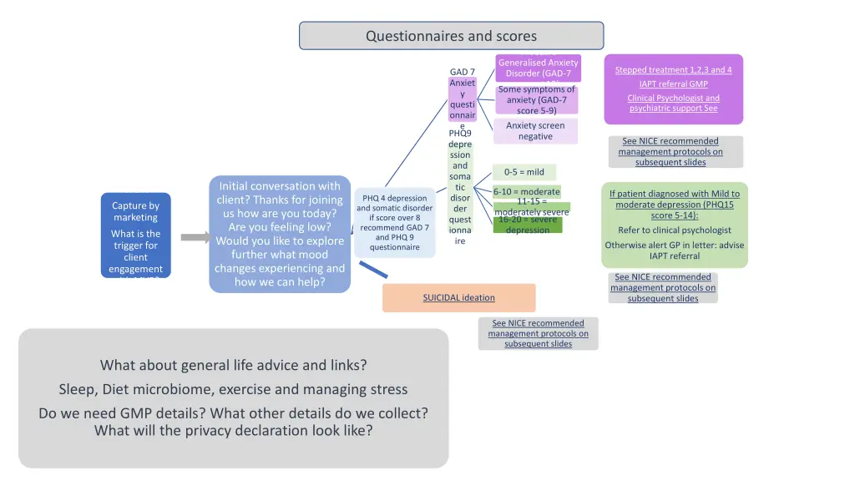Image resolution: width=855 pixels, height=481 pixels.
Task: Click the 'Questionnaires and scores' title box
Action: [451, 36]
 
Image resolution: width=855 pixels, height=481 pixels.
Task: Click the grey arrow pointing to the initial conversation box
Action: [195, 238]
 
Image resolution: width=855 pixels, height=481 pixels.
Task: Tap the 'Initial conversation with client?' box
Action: [279, 235]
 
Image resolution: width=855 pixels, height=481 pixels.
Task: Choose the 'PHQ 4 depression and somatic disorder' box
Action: [394, 223]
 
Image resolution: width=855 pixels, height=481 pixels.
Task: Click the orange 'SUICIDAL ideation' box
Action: [458, 297]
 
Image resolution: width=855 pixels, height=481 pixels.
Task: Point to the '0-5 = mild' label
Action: [524, 172]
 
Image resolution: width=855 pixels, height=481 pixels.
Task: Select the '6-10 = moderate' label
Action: [526, 191]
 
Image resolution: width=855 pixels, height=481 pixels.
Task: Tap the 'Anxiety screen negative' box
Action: [535, 131]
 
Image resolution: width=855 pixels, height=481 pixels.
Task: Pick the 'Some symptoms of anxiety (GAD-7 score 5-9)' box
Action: [536, 100]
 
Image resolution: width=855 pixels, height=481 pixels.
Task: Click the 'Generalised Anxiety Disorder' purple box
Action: [538, 68]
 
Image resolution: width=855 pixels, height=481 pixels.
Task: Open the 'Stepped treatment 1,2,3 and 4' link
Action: [673, 70]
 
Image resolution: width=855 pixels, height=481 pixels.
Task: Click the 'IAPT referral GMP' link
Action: [673, 84]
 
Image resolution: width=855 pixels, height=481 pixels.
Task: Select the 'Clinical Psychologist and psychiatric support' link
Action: [673, 103]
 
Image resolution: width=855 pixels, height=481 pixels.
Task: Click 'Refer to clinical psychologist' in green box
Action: [674, 230]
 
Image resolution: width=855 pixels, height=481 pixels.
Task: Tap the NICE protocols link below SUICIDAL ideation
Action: [538, 333]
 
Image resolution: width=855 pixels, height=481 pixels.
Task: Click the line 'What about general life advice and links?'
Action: [233, 365]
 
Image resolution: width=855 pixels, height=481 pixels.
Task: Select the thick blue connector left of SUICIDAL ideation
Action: [373, 269]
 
